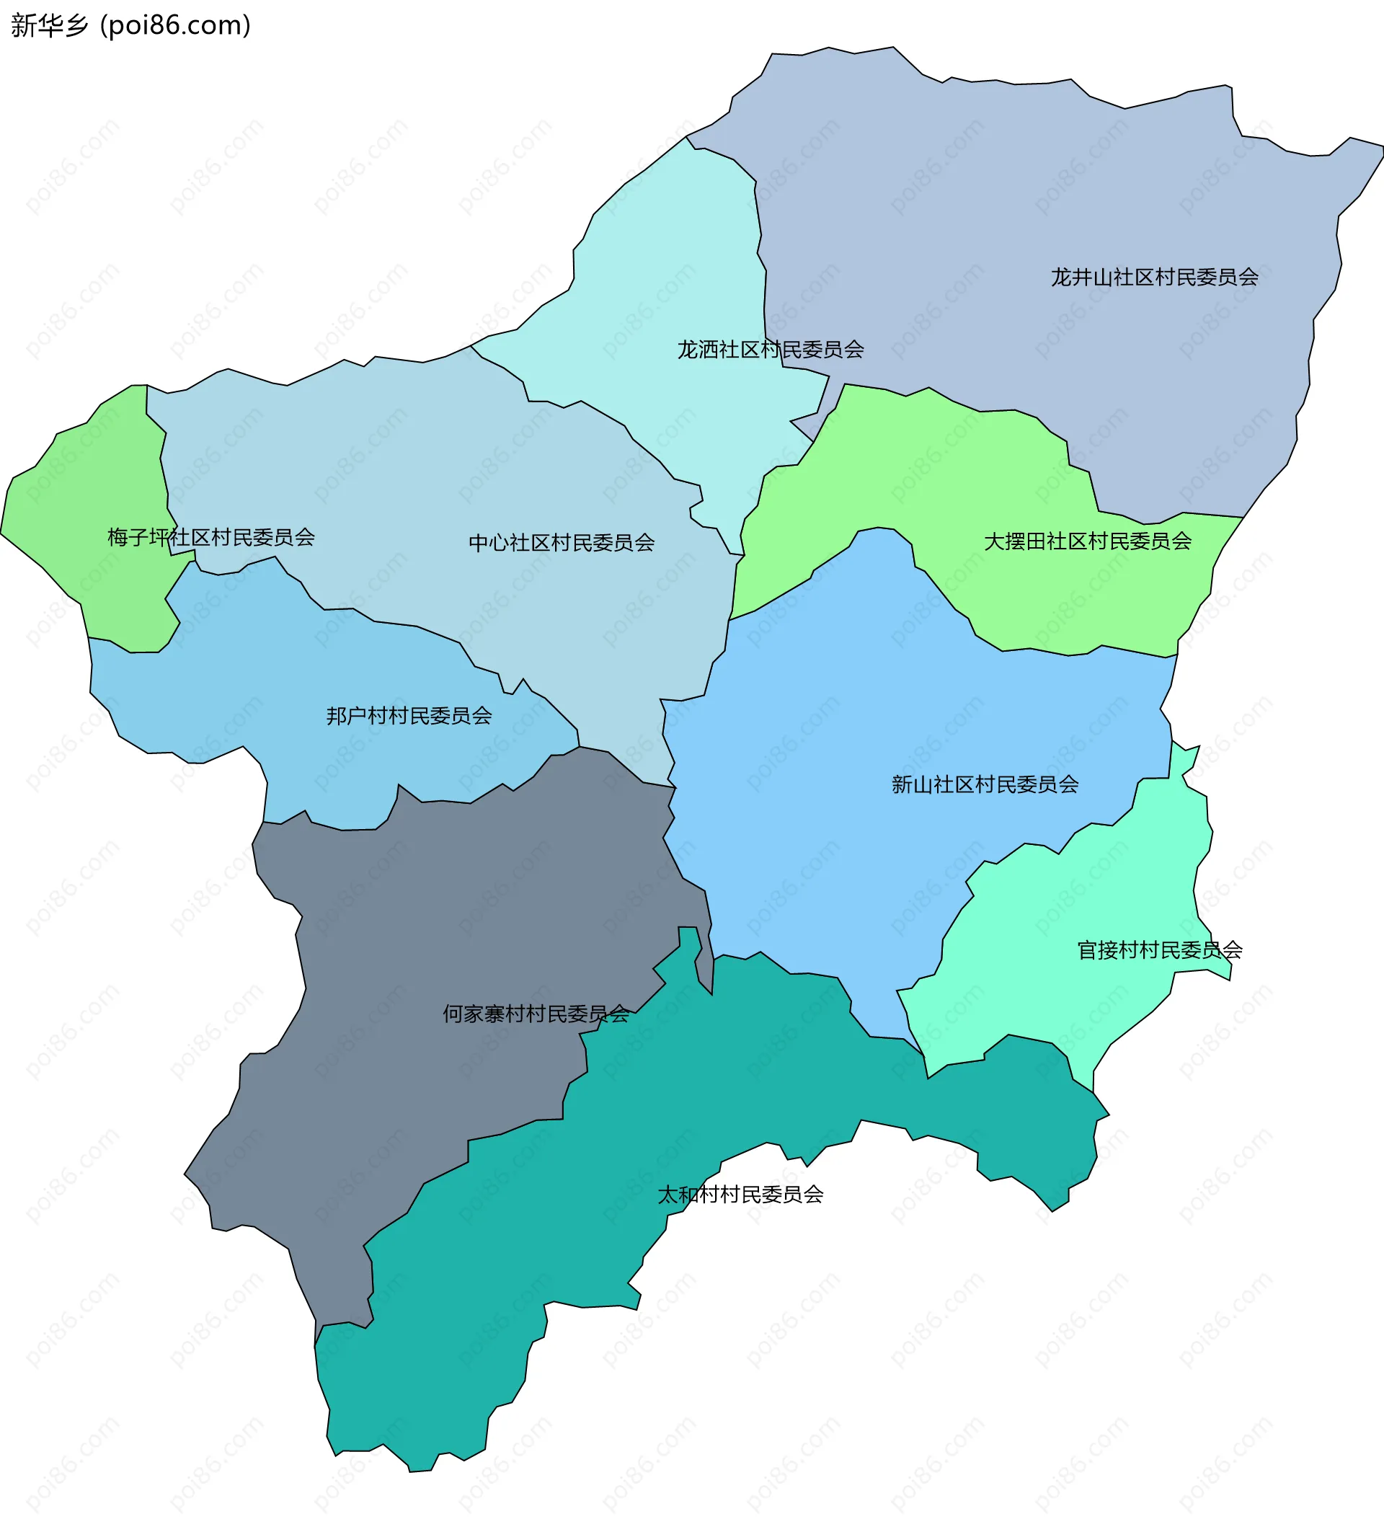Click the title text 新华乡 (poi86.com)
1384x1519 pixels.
[x=130, y=25]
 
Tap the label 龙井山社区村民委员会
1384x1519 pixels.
[x=1154, y=278]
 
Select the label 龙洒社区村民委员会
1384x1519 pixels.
[x=770, y=350]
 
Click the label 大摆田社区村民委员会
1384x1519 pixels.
[x=1087, y=541]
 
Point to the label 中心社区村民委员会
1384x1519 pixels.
[x=562, y=542]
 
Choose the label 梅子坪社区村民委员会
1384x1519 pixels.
[x=211, y=537]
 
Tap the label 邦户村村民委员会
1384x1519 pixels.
[x=409, y=715]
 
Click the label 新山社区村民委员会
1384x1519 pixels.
[x=985, y=784]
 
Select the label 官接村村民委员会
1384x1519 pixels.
[x=1160, y=950]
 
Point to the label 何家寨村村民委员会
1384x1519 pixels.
[x=536, y=1014]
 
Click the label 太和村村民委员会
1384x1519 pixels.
[x=740, y=1195]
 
